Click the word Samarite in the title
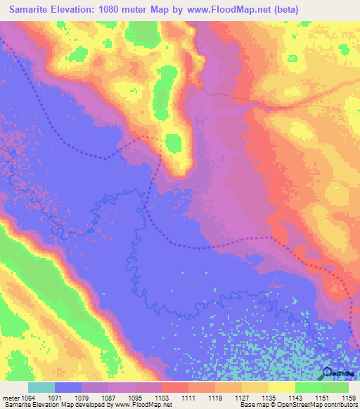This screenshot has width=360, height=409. [31, 10]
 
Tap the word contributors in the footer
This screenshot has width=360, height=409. [340, 405]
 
